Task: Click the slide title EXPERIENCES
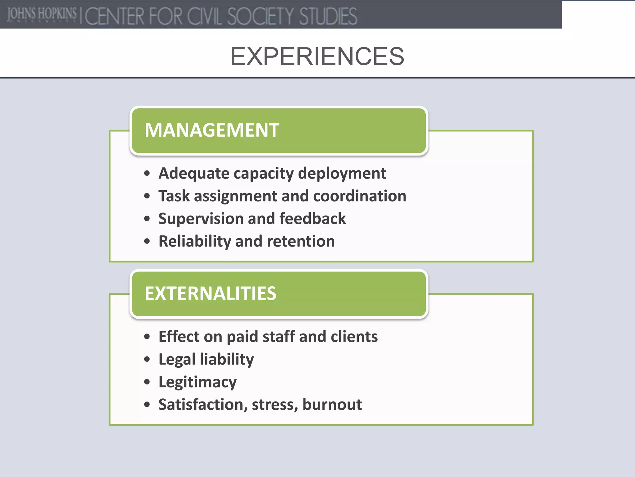(317, 56)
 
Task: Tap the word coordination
(359, 196)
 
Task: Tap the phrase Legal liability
(206, 360)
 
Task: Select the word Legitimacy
(198, 382)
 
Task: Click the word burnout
(332, 405)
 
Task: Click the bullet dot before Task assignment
(147, 196)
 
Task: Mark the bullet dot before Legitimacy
(147, 382)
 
